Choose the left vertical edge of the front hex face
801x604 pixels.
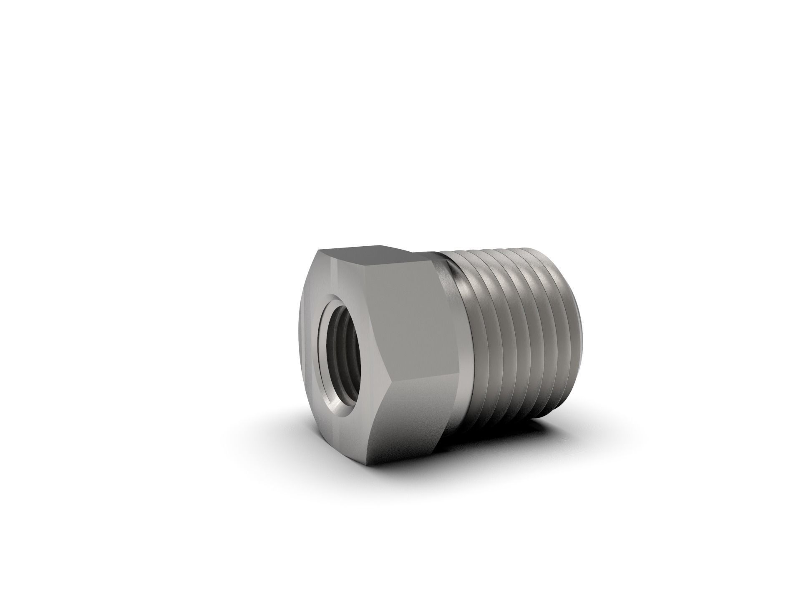301,334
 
